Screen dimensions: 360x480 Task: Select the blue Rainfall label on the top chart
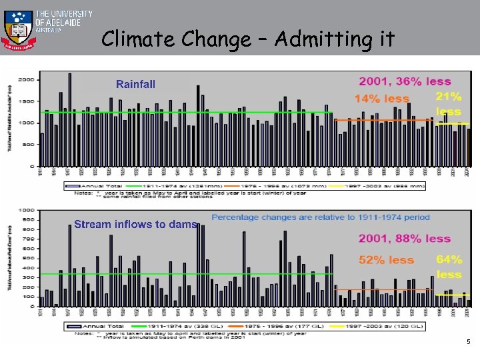[135, 84]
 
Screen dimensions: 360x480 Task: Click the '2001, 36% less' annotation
[405, 81]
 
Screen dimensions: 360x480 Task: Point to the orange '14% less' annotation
[381, 99]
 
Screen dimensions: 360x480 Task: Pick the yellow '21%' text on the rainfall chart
[448, 97]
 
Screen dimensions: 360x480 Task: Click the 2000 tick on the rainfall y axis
[26, 80]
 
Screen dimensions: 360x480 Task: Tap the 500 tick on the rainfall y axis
[28, 144]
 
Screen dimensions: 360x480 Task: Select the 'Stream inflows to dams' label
[135, 224]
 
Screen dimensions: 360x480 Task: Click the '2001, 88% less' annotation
[405, 239]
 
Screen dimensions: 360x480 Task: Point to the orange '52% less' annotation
[387, 260]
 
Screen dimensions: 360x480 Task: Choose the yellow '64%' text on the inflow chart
[449, 259]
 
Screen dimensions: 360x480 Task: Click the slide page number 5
[468, 342]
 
